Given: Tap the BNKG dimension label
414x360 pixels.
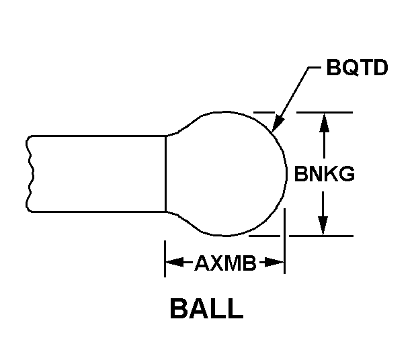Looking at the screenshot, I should pyautogui.click(x=325, y=175).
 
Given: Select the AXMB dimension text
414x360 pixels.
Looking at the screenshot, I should pyautogui.click(x=225, y=263).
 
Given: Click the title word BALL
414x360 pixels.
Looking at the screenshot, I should pyautogui.click(x=206, y=310).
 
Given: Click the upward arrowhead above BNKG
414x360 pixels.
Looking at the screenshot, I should pyautogui.click(x=325, y=121).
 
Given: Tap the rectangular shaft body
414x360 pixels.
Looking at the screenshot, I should pyautogui.click(x=97, y=174).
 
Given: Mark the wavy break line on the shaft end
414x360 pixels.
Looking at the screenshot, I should pyautogui.click(x=28, y=174).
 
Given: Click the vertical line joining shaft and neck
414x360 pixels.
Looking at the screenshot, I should pyautogui.click(x=165, y=174).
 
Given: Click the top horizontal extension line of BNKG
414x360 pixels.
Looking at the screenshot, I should pyautogui.click(x=329, y=112).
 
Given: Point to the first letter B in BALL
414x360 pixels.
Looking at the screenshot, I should pyautogui.click(x=179, y=310).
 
